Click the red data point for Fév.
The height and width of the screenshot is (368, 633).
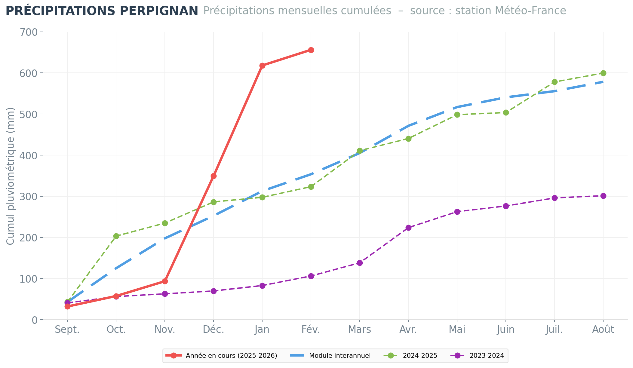point(311,50)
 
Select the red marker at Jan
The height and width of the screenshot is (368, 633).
point(262,66)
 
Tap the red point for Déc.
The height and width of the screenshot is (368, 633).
point(214,176)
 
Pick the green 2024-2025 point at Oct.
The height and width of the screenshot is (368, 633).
point(116,236)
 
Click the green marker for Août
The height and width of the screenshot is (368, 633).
point(603,73)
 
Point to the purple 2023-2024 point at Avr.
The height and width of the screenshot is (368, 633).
point(408,228)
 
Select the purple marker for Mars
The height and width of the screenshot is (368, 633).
point(360,263)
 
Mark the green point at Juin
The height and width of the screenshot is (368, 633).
point(506,112)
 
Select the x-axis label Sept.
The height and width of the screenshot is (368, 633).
point(67,330)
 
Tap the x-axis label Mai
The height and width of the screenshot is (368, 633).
point(457,330)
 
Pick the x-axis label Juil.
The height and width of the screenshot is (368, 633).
point(555,330)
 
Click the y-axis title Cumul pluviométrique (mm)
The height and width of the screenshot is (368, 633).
point(11,176)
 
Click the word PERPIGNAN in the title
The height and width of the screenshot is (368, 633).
point(159,11)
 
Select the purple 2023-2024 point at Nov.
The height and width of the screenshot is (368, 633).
point(165,294)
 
